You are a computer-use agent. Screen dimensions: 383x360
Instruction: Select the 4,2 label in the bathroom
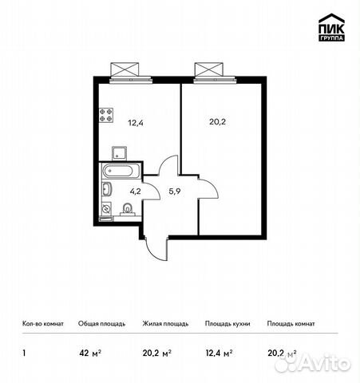point(136,191)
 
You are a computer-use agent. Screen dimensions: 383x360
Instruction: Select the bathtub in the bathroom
point(120,171)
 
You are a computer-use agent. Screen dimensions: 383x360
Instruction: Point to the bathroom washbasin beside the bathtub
point(106,189)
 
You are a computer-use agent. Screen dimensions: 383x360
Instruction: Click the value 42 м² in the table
point(88,352)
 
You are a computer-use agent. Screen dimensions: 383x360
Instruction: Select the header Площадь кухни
point(228,324)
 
